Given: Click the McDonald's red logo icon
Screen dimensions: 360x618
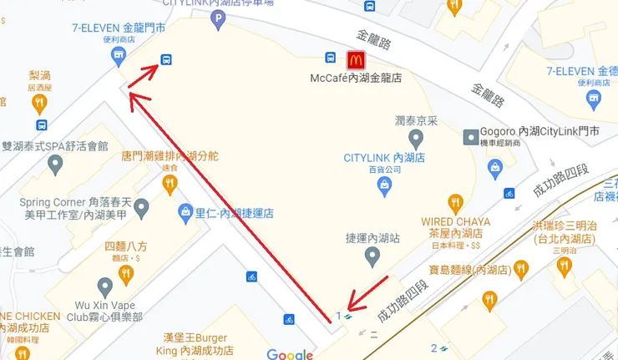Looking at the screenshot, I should tap(356, 59).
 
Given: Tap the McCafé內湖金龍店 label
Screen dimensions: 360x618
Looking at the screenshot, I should tap(356, 78).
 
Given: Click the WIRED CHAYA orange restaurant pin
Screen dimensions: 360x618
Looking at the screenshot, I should tap(455, 203).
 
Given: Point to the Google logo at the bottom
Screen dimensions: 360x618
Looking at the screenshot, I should tap(289, 353).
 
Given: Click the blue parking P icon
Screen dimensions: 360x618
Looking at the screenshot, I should tap(219, 18).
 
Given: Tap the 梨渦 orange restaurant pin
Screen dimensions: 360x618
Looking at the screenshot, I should tap(39, 104).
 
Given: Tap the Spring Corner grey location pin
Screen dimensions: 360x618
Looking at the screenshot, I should tap(141, 205).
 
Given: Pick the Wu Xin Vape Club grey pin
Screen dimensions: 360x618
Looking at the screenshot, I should tap(104, 286).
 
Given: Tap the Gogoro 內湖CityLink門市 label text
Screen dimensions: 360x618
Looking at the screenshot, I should tap(539, 132).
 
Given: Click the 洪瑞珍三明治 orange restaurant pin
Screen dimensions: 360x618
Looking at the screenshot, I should tap(564, 266).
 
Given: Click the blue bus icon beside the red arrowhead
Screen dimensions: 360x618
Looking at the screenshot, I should tap(166, 60).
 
